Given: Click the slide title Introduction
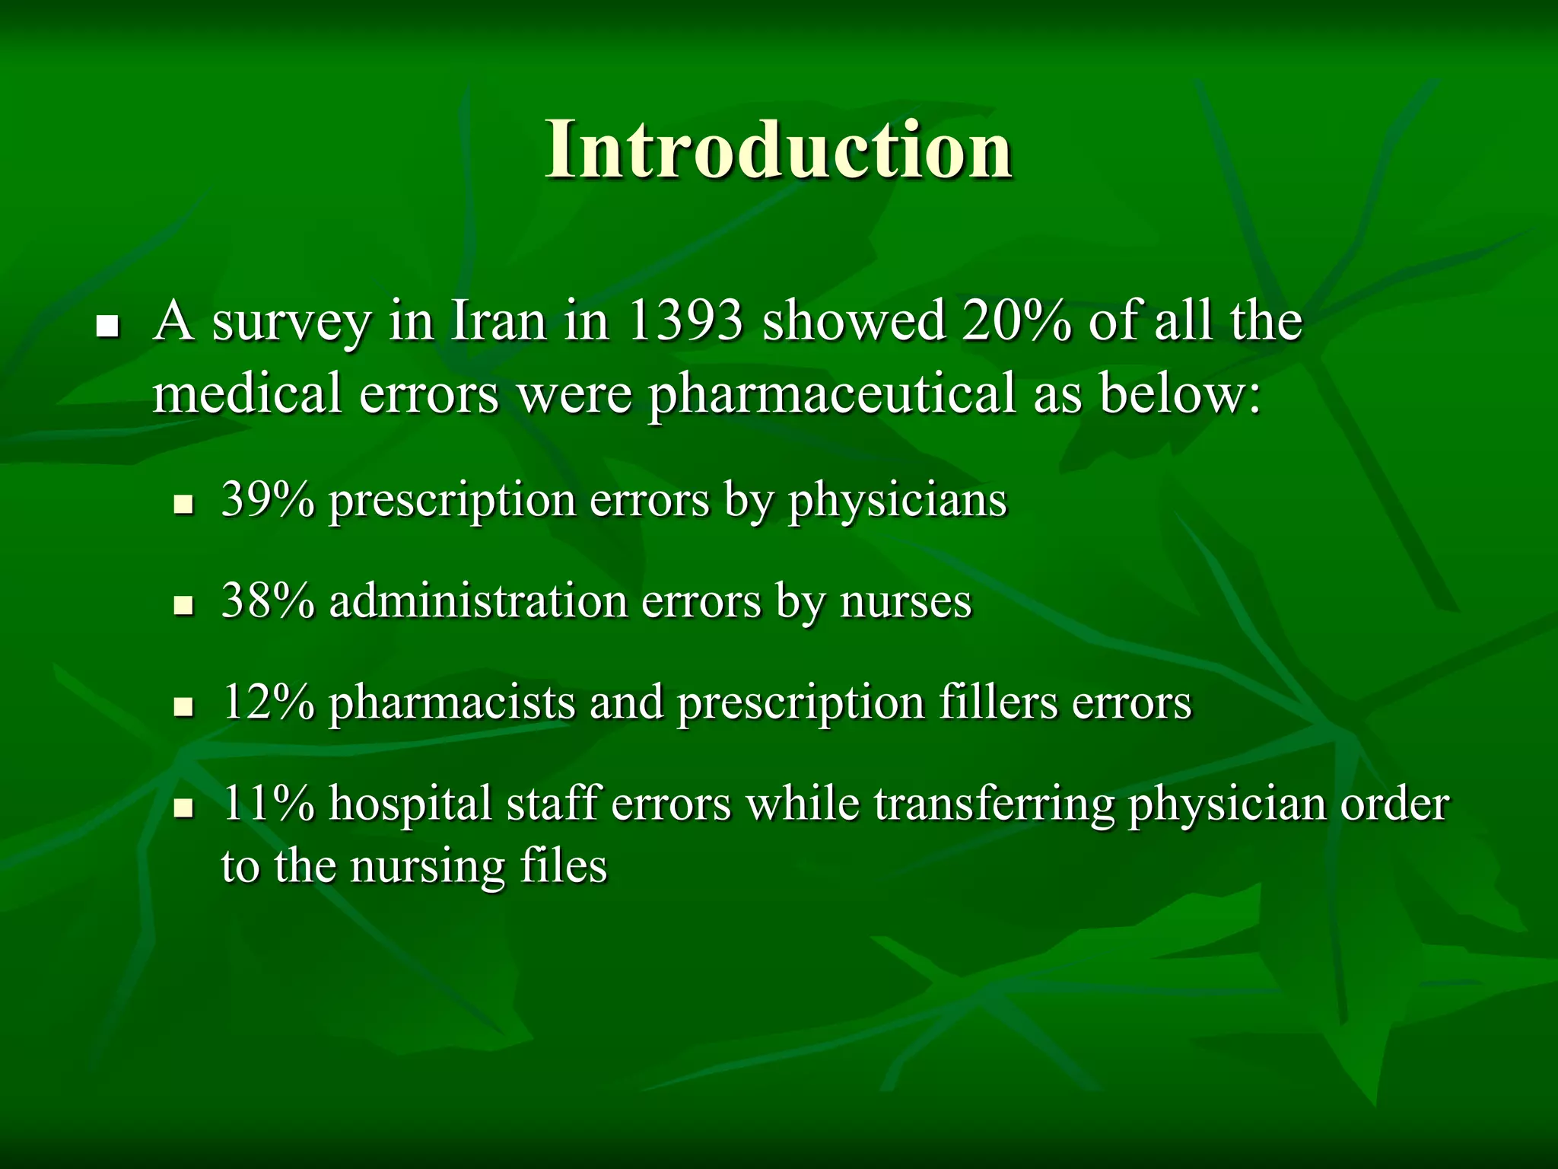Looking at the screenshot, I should pyautogui.click(x=778, y=150).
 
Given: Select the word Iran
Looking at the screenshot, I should pyautogui.click(x=498, y=321).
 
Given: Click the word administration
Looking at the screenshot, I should pyautogui.click(x=479, y=601).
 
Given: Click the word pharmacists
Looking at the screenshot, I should pyautogui.click(x=451, y=703).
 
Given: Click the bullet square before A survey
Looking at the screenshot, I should pyautogui.click(x=109, y=328).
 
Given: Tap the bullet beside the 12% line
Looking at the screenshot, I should pyautogui.click(x=183, y=709).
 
